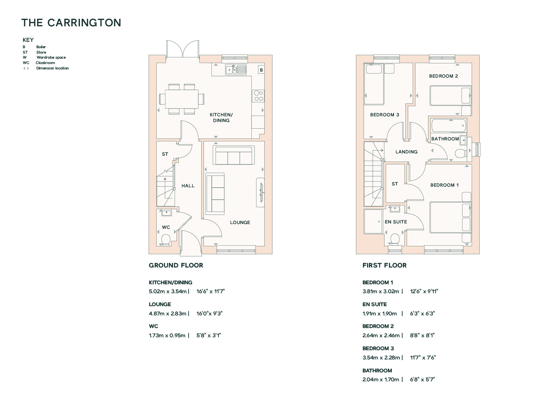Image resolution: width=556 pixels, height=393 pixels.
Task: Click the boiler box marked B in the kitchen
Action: [261, 70]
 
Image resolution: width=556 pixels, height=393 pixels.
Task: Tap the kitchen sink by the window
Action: [236, 69]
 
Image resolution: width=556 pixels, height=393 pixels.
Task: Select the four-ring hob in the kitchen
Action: [259, 96]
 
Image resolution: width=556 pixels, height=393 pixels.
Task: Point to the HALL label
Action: [188, 186]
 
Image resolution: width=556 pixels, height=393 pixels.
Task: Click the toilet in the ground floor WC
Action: [166, 240]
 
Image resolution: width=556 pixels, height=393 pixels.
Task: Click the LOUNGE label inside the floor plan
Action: [240, 222]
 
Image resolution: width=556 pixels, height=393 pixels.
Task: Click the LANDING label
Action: [406, 152]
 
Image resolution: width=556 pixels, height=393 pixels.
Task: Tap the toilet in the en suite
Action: [395, 240]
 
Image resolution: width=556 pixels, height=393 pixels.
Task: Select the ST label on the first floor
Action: [395, 184]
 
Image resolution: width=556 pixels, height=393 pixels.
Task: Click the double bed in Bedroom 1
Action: [450, 218]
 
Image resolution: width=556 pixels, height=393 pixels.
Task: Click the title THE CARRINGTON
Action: [71, 23]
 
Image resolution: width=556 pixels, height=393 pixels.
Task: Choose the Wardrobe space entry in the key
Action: [44, 57]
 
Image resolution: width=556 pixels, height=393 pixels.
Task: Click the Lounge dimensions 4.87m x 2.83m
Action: [168, 313]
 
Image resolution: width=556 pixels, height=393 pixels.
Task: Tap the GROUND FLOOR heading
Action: [176, 265]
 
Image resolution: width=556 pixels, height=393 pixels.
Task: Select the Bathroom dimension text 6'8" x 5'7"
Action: [423, 379]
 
